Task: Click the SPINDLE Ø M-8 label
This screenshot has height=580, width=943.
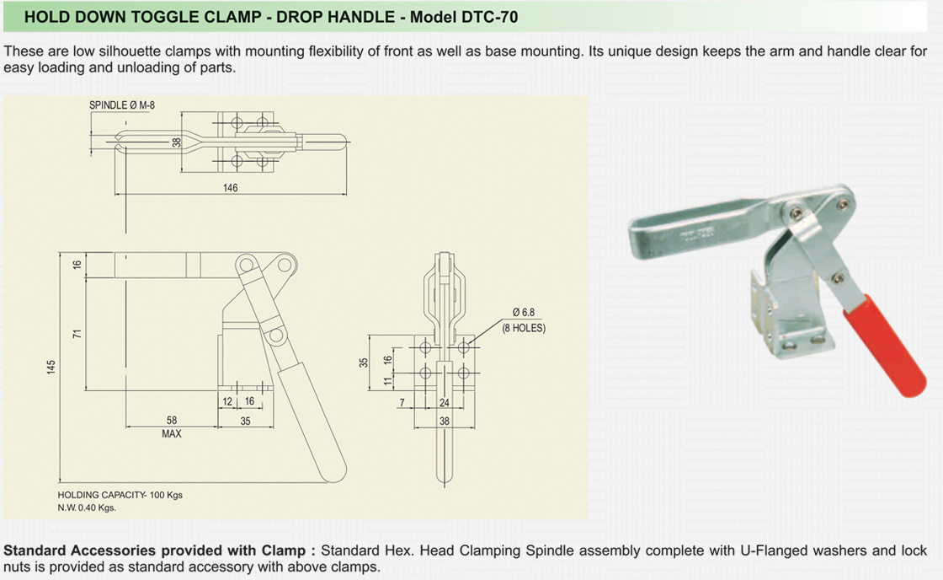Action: pos(122,105)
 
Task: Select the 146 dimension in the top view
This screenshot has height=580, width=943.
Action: pos(231,188)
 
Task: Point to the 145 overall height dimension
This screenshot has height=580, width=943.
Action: pos(52,367)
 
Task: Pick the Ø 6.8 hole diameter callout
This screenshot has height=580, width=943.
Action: pos(523,313)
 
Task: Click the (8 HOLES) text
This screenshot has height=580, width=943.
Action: pos(524,328)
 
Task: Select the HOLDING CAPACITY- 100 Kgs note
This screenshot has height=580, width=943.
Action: pos(120,495)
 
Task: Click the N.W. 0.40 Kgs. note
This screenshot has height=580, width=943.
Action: pos(87,508)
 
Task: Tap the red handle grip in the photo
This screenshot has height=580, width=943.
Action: pos(884,350)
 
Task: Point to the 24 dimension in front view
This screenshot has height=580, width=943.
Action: pos(445,403)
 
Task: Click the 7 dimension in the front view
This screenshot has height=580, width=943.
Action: pos(403,403)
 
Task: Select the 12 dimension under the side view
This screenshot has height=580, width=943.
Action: pos(228,401)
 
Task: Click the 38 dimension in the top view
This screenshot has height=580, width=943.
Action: pos(177,142)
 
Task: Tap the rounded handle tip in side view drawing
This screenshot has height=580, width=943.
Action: pos(334,472)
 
